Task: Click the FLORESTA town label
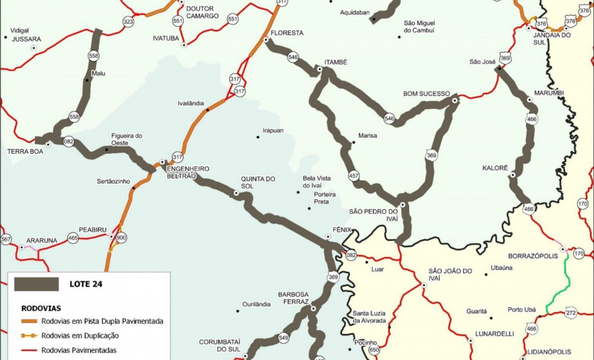coord(287,32)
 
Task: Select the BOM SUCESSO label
coord(427,93)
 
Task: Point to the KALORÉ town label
coord(494,167)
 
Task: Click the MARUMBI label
coord(549,93)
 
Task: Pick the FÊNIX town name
coord(341,230)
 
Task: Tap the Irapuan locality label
coord(273,130)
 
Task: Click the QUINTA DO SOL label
coord(258,183)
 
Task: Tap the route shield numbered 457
coord(354,176)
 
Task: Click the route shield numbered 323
coord(128,22)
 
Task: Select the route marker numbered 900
coord(121,237)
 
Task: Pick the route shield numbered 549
coord(284,337)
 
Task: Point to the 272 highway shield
coord(571,313)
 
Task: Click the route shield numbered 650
coord(374,350)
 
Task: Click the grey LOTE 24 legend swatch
coord(37,283)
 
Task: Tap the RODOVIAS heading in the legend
coord(42,308)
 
